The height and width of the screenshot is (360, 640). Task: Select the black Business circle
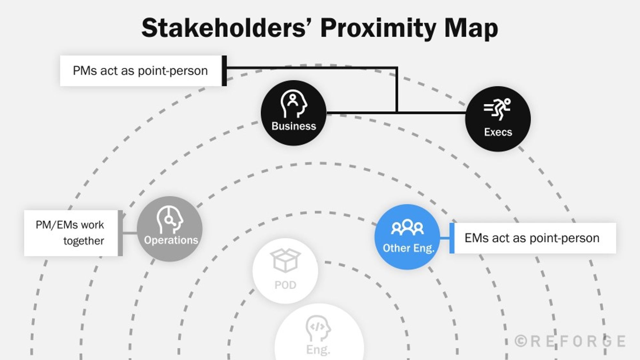[x=293, y=113]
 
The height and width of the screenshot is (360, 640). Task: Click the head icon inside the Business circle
[x=293, y=104]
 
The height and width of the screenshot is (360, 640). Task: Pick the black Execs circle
[x=498, y=119]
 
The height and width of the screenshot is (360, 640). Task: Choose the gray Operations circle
[x=170, y=229]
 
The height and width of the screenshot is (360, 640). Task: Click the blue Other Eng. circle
[x=407, y=237]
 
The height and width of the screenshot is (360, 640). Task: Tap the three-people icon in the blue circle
[x=407, y=228]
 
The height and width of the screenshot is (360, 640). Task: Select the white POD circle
[x=285, y=271]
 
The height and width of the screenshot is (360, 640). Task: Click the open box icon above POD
[x=285, y=260]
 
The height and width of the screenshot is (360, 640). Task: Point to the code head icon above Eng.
[x=318, y=328]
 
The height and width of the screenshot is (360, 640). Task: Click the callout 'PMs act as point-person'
[x=141, y=71]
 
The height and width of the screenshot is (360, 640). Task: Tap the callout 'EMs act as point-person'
[x=532, y=238]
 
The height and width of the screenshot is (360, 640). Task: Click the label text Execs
[x=498, y=132]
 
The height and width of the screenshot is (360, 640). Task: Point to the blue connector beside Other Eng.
[x=445, y=238]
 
